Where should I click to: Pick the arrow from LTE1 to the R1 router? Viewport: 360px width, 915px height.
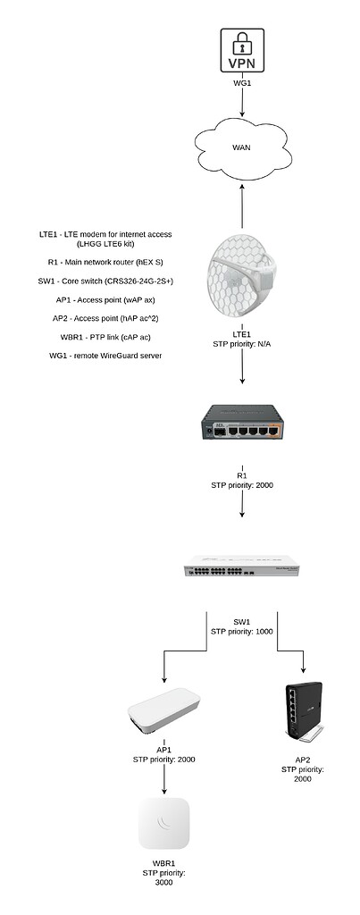tap(242, 369)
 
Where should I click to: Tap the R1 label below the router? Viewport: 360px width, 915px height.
tap(242, 475)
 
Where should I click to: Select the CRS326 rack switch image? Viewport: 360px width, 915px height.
tap(242, 567)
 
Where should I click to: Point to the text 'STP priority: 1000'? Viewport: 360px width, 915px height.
tap(242, 632)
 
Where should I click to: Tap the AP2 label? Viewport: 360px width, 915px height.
tap(301, 758)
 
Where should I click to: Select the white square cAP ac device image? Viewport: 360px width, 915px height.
tap(165, 823)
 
